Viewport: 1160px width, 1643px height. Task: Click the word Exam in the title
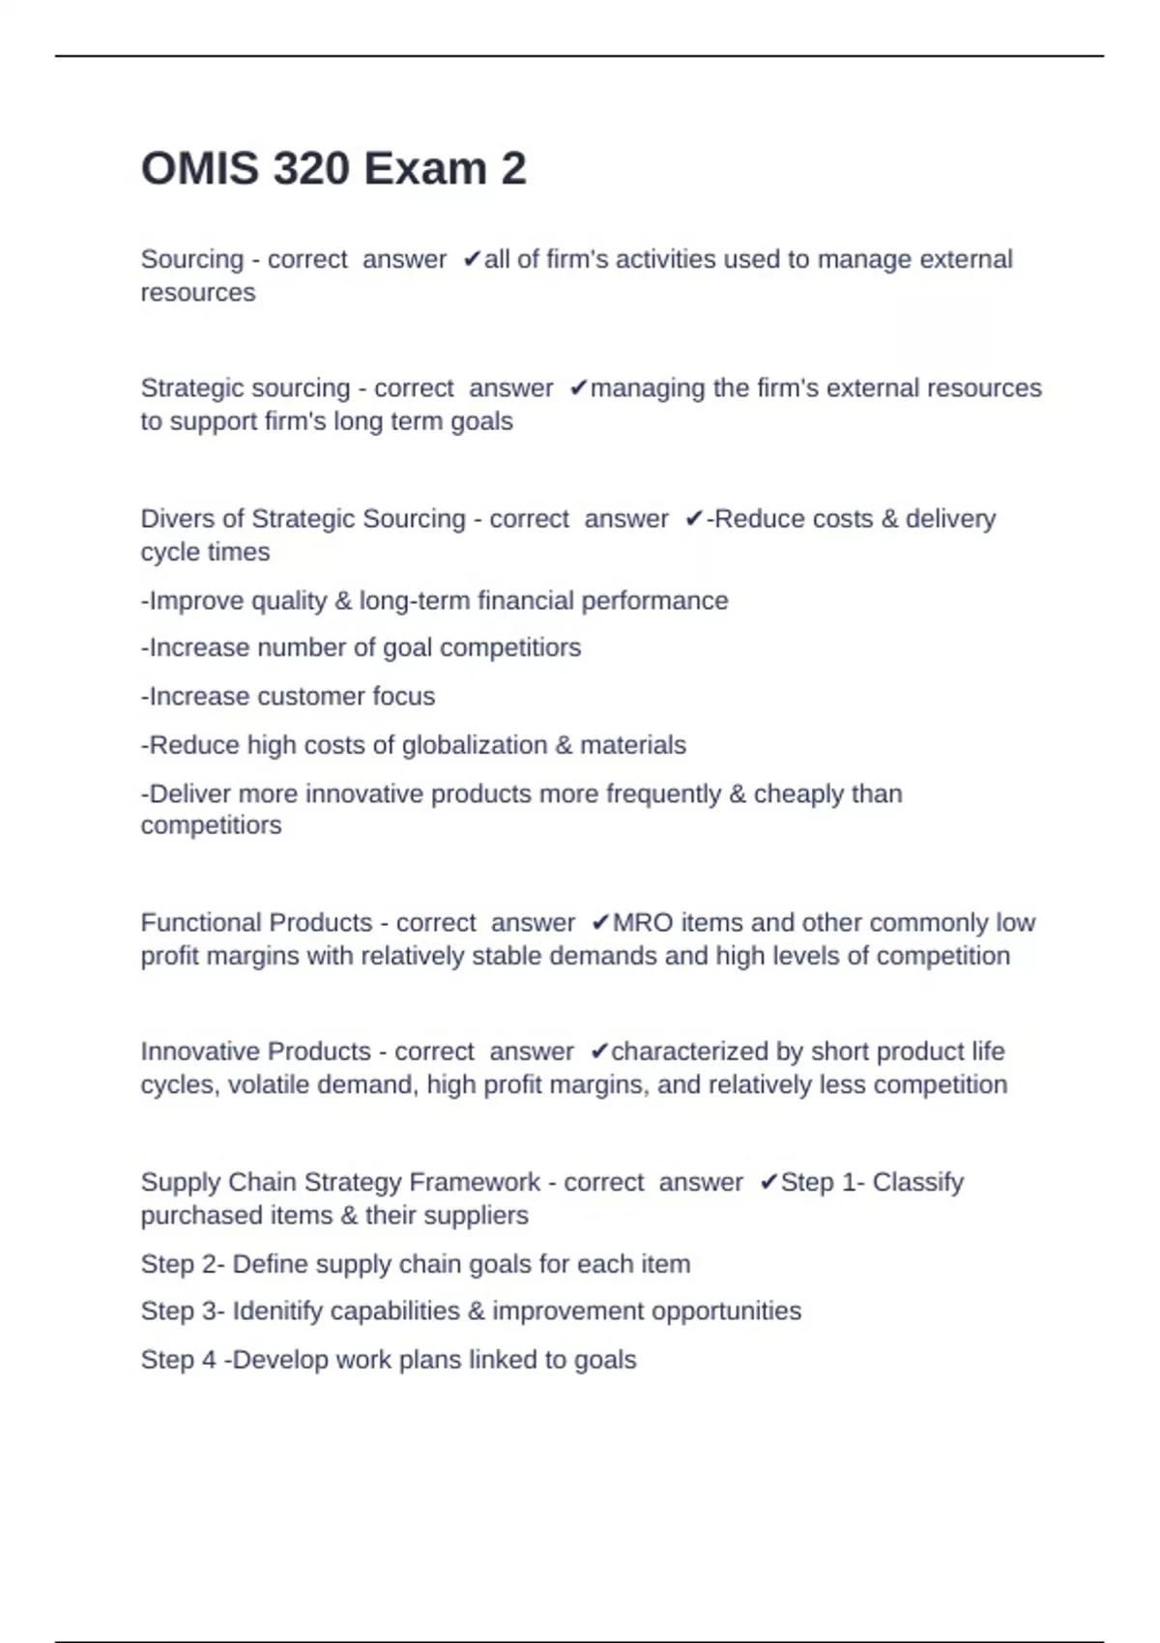(424, 169)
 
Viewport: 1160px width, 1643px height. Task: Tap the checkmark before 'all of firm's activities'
(472, 259)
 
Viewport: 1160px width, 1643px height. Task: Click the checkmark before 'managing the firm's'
(578, 389)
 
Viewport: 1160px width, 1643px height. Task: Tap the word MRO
(643, 923)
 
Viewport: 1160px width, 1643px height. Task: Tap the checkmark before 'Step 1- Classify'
(768, 1182)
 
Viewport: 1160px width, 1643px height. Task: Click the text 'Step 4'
(179, 1360)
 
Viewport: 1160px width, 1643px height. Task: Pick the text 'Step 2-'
(183, 1264)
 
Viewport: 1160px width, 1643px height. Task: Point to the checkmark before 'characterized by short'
(599, 1052)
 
